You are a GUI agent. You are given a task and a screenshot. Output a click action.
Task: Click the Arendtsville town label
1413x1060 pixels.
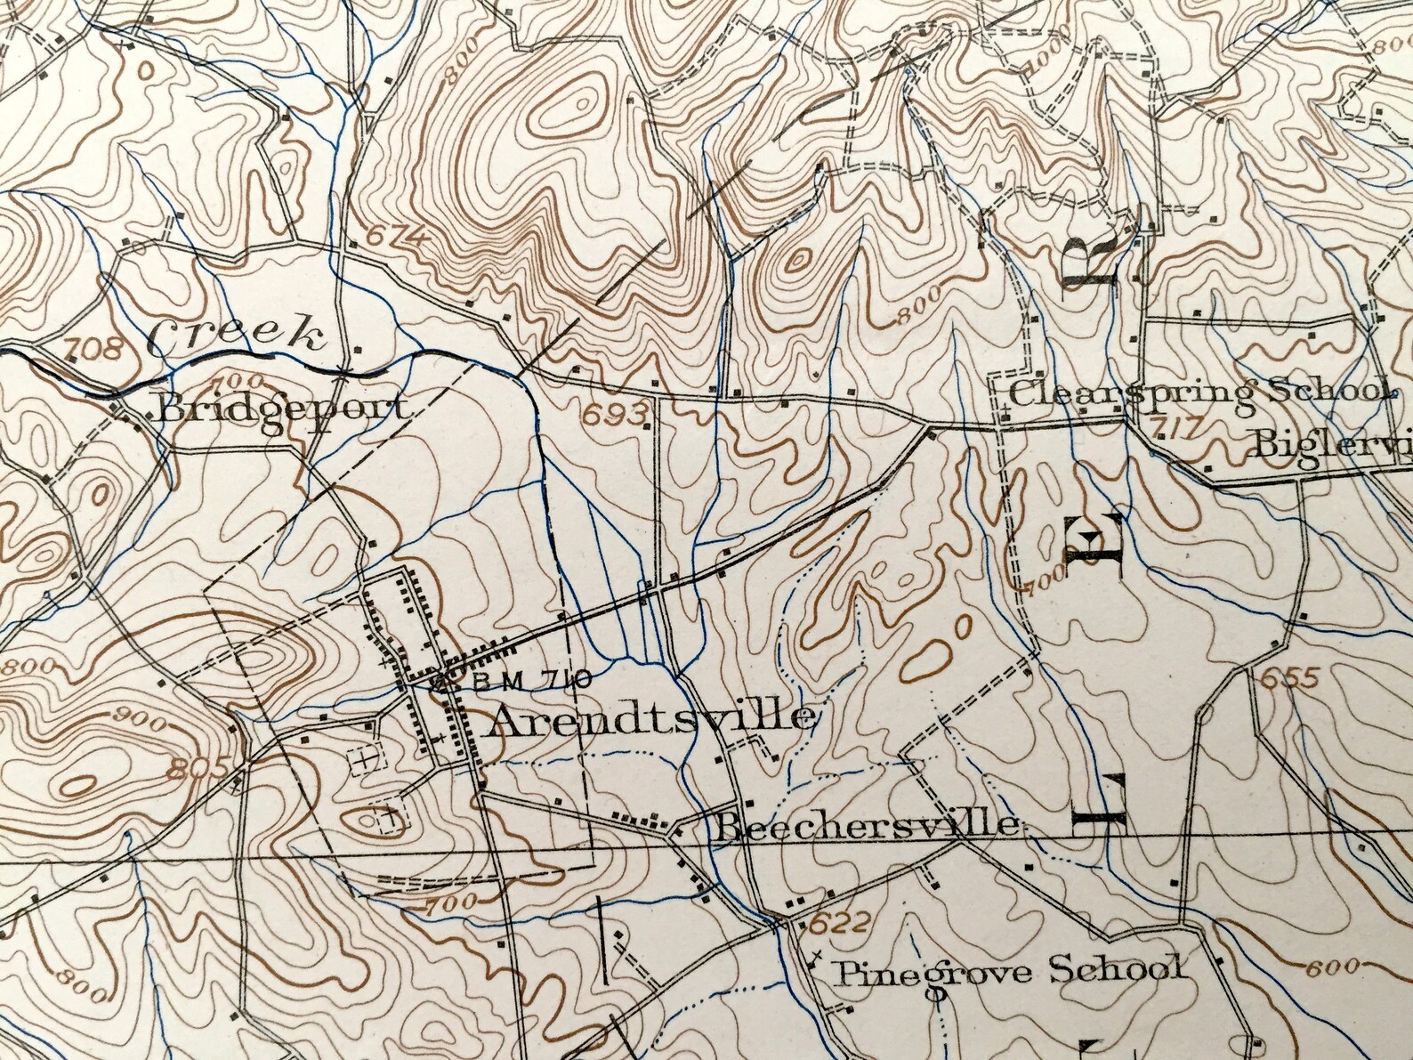pos(650,717)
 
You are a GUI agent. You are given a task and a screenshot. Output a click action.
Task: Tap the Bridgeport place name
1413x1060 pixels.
pos(284,409)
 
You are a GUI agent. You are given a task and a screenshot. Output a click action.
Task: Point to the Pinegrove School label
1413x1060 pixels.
pos(1009,969)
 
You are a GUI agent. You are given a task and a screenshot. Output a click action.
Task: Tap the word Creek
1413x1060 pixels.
pos(235,336)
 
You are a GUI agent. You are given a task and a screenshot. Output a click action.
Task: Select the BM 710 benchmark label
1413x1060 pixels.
pos(533,682)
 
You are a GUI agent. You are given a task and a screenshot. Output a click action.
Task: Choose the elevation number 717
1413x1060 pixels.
pos(1170,429)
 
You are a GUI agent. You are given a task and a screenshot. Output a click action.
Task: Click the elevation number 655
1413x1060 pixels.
pos(1288,678)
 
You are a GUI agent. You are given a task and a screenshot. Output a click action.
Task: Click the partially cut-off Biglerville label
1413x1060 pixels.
pos(1330,442)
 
